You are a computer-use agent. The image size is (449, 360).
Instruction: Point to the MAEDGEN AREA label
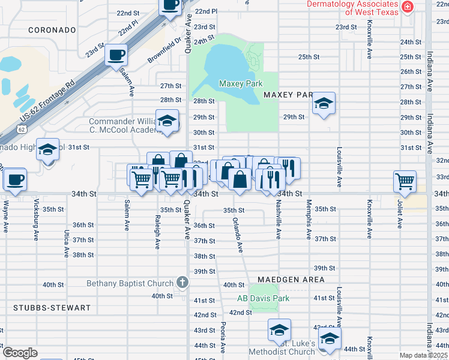(291, 280)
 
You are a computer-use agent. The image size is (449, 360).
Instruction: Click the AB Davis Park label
(263, 298)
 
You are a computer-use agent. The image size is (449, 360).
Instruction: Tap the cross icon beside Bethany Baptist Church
(182, 282)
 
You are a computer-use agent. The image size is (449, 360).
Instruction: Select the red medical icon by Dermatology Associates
(408, 7)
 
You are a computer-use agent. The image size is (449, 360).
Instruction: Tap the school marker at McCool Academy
(167, 120)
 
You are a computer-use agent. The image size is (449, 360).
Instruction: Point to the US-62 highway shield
(22, 129)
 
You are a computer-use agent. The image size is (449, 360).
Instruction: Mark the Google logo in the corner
(20, 353)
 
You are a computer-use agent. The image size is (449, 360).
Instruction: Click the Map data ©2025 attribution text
(423, 355)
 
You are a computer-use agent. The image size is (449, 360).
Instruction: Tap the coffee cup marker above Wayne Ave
(15, 179)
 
